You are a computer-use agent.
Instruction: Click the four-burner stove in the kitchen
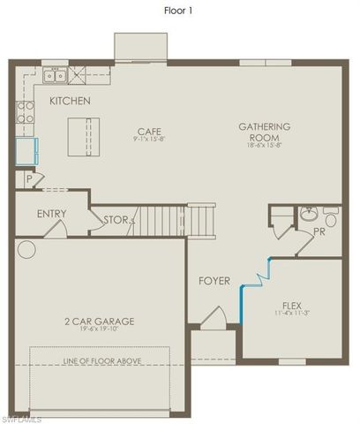(x=26, y=111)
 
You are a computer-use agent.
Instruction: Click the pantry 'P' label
(x=30, y=179)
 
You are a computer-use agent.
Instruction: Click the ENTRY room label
(x=51, y=214)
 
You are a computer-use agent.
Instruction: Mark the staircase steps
(x=173, y=218)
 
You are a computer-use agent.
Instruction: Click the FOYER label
(x=214, y=281)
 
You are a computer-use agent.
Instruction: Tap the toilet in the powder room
(x=330, y=218)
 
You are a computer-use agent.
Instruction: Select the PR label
(x=319, y=233)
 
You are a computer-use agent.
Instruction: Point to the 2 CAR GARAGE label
(x=99, y=321)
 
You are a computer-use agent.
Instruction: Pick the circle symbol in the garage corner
(x=26, y=250)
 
